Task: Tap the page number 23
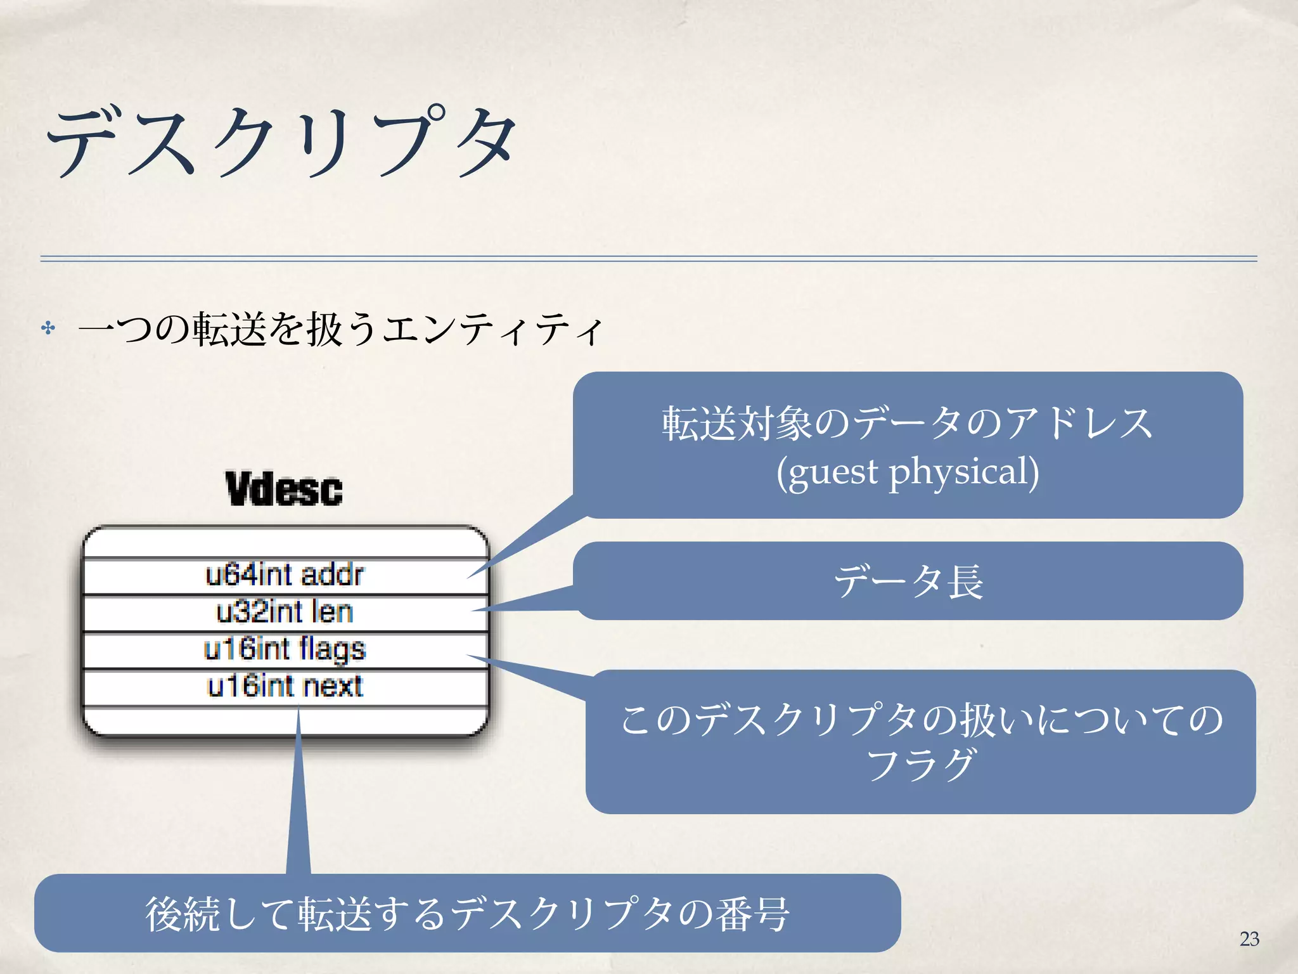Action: tap(1249, 938)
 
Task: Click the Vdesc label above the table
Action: tap(284, 489)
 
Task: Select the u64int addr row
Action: tap(285, 575)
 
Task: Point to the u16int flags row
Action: tap(285, 649)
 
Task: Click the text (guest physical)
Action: tap(908, 472)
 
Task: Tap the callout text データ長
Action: tap(908, 581)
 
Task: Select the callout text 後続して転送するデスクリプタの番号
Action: tap(467, 914)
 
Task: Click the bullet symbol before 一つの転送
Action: tap(48, 328)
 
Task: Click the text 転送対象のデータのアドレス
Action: tap(908, 424)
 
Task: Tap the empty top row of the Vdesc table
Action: tap(285, 543)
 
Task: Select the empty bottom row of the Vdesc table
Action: tap(285, 722)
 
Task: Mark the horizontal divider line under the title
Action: tap(648, 259)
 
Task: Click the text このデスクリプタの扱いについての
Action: tap(920, 720)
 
